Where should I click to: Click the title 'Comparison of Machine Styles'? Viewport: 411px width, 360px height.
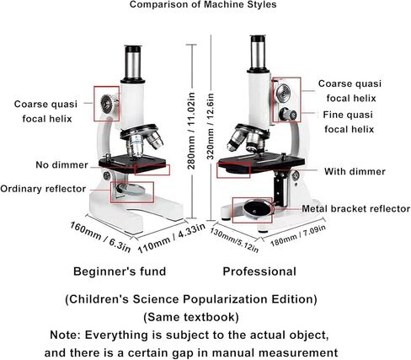(203, 4)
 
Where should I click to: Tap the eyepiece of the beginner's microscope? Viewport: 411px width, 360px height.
(133, 64)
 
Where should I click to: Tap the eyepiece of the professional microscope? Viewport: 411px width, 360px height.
(258, 53)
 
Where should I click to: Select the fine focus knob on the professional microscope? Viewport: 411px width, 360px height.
(287, 115)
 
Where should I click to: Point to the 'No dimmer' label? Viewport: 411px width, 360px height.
(61, 164)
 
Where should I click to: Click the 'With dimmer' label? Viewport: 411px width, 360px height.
(355, 171)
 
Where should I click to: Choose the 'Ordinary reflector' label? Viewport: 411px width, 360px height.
(43, 189)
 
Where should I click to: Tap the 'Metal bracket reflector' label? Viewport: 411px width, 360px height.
(356, 208)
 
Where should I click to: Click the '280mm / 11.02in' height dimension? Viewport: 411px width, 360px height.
(191, 131)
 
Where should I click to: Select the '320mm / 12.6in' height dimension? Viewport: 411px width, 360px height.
(211, 126)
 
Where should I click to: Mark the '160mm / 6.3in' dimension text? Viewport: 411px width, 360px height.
(100, 237)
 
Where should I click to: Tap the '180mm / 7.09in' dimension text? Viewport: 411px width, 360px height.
(298, 236)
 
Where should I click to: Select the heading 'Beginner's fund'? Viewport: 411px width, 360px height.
(120, 271)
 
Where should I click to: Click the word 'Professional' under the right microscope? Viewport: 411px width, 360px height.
(259, 271)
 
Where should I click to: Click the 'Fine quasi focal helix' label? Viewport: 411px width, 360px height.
(349, 122)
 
